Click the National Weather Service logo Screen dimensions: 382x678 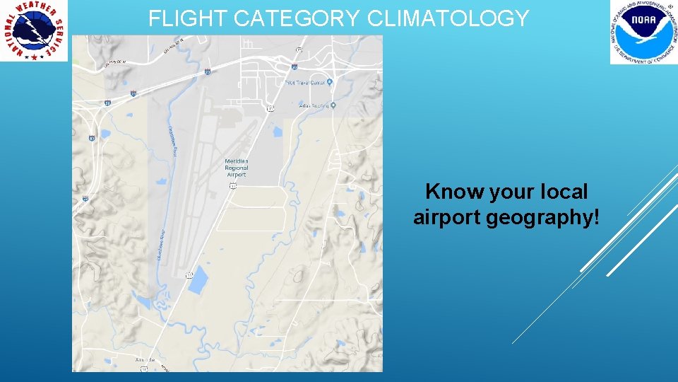(x=34, y=30)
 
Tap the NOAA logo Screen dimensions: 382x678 (x=643, y=32)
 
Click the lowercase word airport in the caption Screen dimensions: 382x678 (x=448, y=218)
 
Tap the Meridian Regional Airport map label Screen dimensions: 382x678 (x=237, y=168)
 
